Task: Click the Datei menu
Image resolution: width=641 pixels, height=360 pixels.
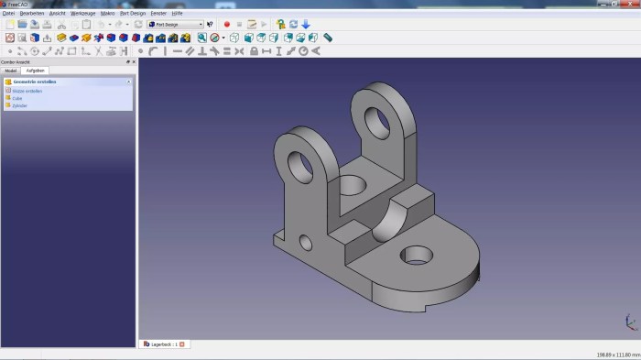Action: (8, 14)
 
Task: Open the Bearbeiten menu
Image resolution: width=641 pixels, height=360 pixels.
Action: (31, 14)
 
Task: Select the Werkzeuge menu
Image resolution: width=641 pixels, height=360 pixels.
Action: (83, 14)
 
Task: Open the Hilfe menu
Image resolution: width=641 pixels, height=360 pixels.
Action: (177, 14)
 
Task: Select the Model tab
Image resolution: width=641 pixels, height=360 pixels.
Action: (11, 71)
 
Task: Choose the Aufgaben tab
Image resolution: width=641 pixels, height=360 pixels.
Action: (36, 71)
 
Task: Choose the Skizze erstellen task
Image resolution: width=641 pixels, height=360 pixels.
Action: (27, 91)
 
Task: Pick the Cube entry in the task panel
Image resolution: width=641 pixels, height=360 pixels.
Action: (17, 98)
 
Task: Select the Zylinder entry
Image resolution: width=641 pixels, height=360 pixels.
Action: (20, 105)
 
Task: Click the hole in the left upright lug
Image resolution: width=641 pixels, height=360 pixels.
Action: (299, 163)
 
